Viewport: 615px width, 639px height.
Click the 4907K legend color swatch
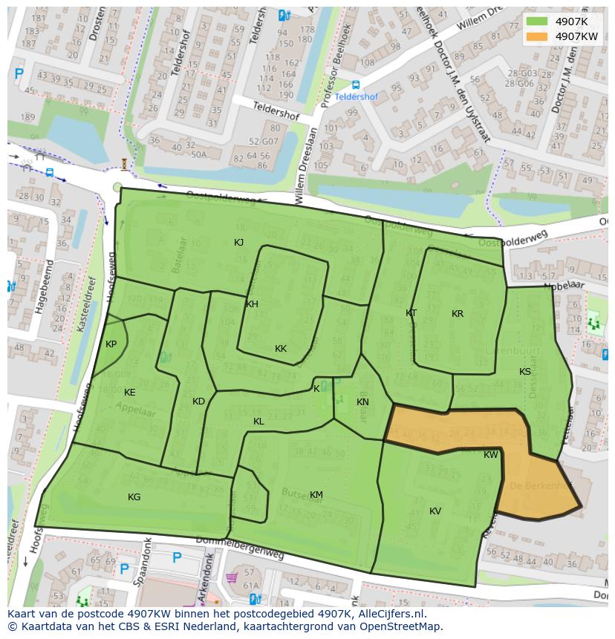coord(536,22)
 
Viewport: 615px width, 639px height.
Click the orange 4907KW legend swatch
coord(536,36)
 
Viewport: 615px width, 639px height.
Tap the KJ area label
coord(238,243)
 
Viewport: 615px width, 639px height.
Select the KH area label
coord(252,304)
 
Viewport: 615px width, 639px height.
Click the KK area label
coord(281,349)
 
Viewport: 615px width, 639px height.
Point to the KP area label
coord(111,344)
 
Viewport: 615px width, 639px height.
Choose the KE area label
coord(129,393)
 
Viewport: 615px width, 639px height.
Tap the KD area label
coord(198,402)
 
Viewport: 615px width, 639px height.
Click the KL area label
coord(258,422)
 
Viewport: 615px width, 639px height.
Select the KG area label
coord(134,497)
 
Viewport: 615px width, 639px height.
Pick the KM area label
coord(316,495)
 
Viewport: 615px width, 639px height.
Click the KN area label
coord(362,402)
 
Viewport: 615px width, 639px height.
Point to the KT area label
coord(411,313)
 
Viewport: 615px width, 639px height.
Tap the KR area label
coord(458,314)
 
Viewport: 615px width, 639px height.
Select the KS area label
coord(525,372)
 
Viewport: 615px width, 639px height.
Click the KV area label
coord(435,511)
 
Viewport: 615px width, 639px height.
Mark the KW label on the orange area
coord(491,455)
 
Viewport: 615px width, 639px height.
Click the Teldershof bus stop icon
coord(356,85)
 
